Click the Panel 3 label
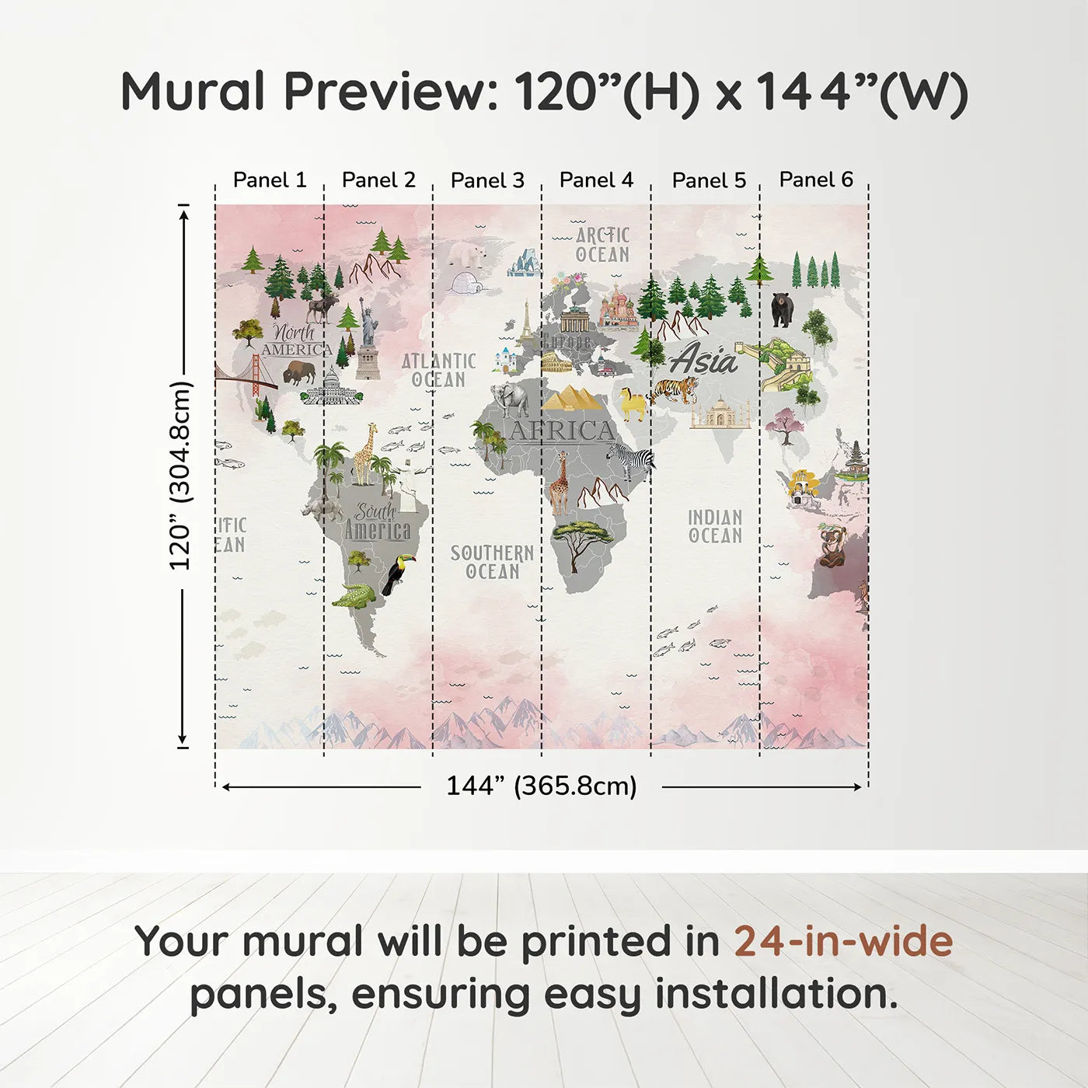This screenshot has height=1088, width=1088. point(487,180)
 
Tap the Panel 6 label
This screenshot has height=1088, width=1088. point(816,180)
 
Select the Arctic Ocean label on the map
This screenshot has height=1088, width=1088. point(602,245)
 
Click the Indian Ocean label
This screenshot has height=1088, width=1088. point(715,526)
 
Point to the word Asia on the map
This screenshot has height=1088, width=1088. point(704,360)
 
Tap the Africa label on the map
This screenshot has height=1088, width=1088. point(562,431)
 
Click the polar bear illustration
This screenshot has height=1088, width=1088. point(467,253)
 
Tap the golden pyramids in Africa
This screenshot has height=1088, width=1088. point(574,398)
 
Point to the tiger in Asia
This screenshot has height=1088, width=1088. point(675,389)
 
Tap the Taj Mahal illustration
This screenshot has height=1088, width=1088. point(720,413)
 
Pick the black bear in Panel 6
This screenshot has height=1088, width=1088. point(782,309)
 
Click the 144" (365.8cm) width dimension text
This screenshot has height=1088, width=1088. point(541,786)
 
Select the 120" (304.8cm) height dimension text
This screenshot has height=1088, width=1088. point(180,476)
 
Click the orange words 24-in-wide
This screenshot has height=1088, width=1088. point(843,941)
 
